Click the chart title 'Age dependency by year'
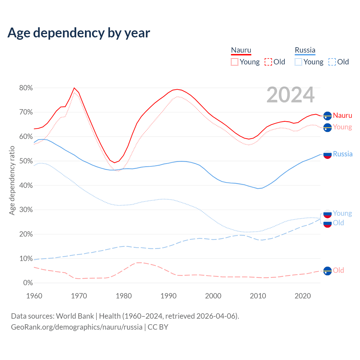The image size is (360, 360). tap(79, 33)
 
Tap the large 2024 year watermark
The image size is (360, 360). tap(290, 95)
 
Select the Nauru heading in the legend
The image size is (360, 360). tap(241, 50)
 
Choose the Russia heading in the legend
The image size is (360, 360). tap(305, 50)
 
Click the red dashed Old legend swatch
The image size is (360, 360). tap(268, 62)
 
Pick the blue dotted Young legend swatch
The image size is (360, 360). tap(298, 62)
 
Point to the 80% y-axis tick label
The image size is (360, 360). tap(26, 88)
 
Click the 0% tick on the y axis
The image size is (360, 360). tap(28, 283)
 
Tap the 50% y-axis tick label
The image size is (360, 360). tap(26, 161)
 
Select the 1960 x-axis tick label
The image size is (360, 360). tap(34, 296)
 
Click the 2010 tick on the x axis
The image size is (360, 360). tap(258, 296)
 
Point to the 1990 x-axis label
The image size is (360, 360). tap(168, 296)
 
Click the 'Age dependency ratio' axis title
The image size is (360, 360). tap(12, 180)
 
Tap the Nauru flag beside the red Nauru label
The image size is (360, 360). tap(327, 116)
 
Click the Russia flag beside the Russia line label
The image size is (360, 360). tap(327, 154)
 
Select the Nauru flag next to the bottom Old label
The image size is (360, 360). tap(327, 271)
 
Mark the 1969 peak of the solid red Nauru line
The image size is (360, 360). tap(74, 88)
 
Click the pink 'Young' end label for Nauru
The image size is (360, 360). tap(342, 127)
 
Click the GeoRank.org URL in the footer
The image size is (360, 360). tap(76, 327)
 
